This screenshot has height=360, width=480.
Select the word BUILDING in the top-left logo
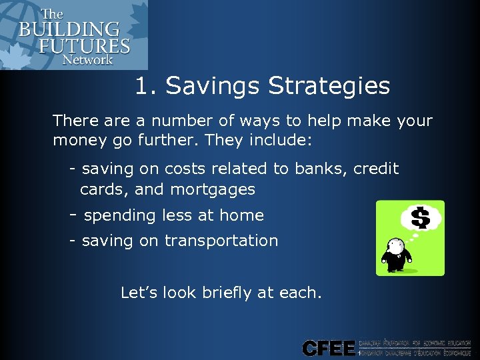coord(69,30)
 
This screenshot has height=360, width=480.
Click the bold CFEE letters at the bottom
coord(329,347)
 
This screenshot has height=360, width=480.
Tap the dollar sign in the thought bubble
coord(420,217)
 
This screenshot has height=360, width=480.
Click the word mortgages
coord(213,190)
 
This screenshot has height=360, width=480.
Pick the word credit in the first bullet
coord(375,169)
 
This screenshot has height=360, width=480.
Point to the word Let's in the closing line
coord(137,292)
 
